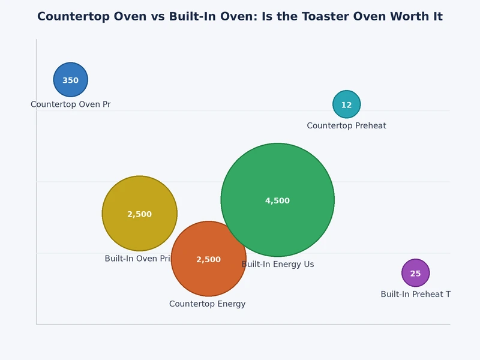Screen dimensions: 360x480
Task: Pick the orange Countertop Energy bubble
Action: pyautogui.click(x=209, y=276)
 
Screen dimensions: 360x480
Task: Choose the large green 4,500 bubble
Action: pyautogui.click(x=278, y=180)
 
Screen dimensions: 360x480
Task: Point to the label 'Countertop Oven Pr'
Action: pyautogui.click(x=71, y=104)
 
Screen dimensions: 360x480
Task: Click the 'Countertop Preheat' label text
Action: pyautogui.click(x=346, y=126)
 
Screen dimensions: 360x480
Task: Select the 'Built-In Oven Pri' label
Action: pyautogui.click(x=137, y=259)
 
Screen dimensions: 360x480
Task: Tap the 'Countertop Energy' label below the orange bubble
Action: pyautogui.click(x=207, y=304)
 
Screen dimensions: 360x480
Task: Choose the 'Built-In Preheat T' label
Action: pyautogui.click(x=415, y=295)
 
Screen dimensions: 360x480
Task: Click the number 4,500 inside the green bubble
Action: pyautogui.click(x=278, y=201)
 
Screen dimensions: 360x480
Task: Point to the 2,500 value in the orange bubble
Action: pyautogui.click(x=209, y=260)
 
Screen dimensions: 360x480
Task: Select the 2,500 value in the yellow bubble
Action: pyautogui.click(x=140, y=214)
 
